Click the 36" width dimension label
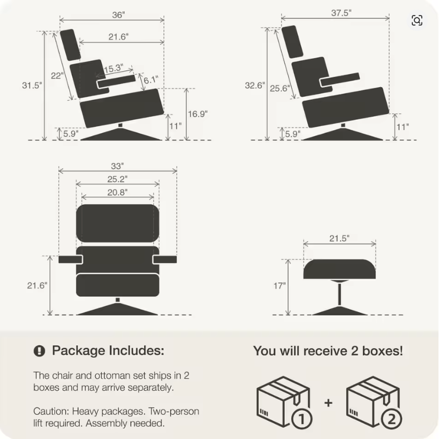[118, 15]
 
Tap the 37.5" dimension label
[340, 13]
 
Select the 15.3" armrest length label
[113, 68]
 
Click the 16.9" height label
[198, 113]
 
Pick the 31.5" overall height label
[32, 85]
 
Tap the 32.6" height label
[255, 85]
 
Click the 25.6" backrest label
[279, 88]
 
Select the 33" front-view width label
[117, 166]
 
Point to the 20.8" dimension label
[117, 192]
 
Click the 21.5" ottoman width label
[339, 238]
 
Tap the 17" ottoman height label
[279, 286]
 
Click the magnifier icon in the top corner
[417, 20]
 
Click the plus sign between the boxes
[328, 403]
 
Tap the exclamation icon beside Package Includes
[39, 351]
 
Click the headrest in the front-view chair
[116, 224]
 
